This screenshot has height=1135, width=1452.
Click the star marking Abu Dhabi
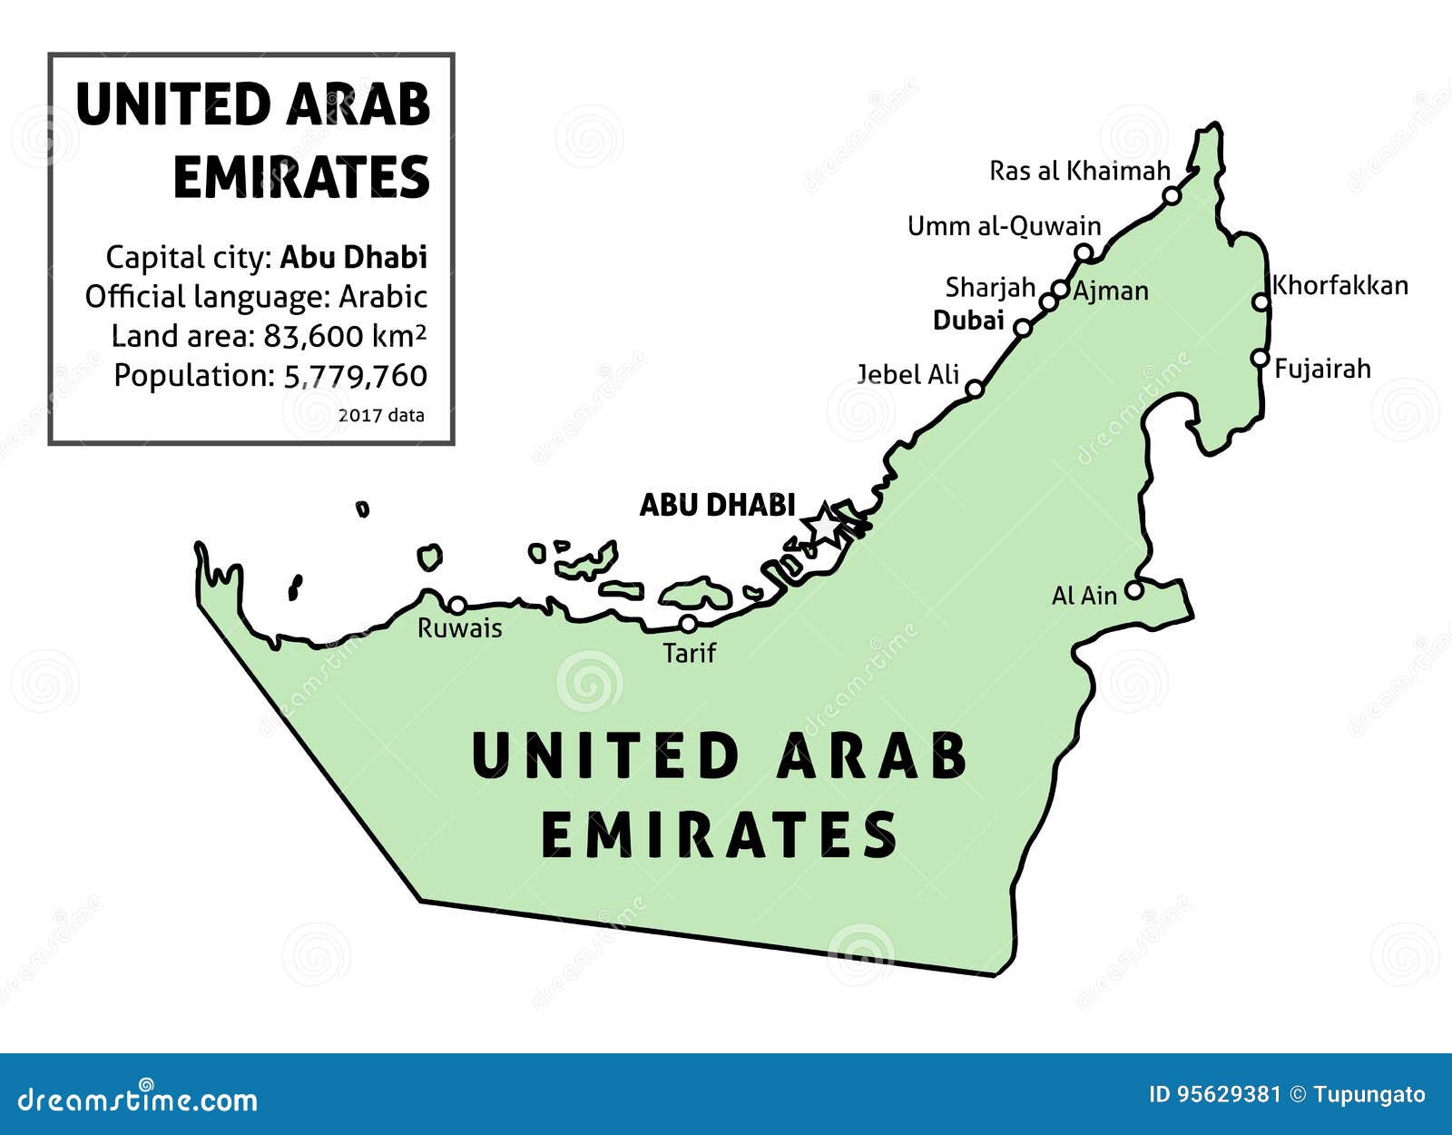pos(825,524)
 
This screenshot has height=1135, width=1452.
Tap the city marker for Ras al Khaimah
pos(1172,195)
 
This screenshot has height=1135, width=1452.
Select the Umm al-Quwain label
pos(1004,226)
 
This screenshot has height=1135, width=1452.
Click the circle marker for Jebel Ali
pos(974,389)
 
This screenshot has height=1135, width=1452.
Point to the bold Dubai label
pos(968,321)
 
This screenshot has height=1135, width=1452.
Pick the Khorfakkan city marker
pos(1261,301)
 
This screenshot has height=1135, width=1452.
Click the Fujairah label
pos(1322,369)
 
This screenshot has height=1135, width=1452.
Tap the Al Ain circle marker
pos(1133,591)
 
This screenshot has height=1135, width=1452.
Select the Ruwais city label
pos(459,628)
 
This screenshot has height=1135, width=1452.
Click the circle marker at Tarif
pos(689,624)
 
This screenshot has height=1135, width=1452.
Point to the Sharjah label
pos(990,288)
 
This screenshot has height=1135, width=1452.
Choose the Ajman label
pos(1111,291)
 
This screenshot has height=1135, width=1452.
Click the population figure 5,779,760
pos(355,376)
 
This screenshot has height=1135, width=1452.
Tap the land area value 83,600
pos(314,337)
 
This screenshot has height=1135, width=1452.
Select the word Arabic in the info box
pos(383,297)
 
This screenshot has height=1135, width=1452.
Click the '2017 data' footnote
pos(381,415)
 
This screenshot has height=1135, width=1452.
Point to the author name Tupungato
pos(1369,1095)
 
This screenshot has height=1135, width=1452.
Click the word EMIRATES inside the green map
pos(719,834)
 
